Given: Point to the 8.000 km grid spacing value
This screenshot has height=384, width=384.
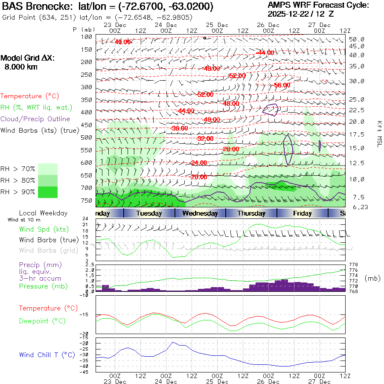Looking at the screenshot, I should (x=20, y=67).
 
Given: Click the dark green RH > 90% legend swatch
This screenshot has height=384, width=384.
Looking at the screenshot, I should (x=47, y=192).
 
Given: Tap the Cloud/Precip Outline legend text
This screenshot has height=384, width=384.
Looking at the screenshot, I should (x=35, y=119).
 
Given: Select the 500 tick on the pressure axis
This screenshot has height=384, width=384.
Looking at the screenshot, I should (x=86, y=137).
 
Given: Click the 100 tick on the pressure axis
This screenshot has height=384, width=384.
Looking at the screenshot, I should (x=86, y=37).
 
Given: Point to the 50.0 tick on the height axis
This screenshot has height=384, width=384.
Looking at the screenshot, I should (x=356, y=39).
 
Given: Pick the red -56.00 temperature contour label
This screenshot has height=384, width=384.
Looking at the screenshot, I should (x=282, y=85).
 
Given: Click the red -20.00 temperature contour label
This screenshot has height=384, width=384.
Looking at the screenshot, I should (x=199, y=177).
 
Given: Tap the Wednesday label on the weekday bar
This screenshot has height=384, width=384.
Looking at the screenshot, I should (x=200, y=213).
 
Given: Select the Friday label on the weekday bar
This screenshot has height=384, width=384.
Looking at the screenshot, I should (x=302, y=213).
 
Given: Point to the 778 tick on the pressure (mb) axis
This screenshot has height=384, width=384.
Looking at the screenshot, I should (x=354, y=265).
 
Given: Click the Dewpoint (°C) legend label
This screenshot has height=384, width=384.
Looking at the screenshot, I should (x=39, y=320).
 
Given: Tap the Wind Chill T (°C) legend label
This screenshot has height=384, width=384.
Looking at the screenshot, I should (x=47, y=355).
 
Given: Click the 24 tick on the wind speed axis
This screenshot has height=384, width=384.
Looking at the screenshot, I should (x=85, y=219).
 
